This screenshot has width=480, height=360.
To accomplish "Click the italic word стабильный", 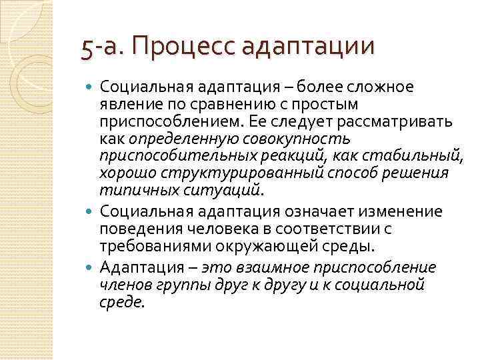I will point(426,157).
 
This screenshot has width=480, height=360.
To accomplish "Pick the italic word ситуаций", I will point(227,191).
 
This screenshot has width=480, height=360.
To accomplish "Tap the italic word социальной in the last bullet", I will point(387,285).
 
